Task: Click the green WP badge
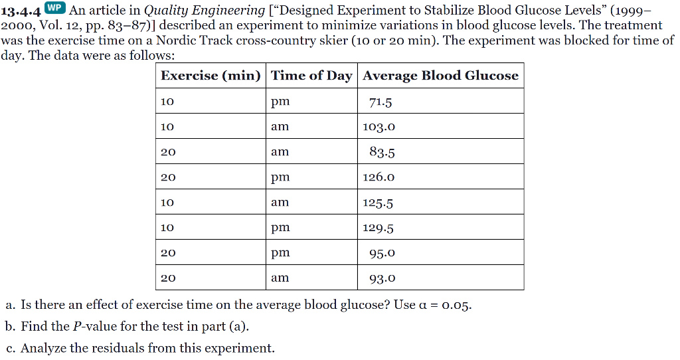point(55,7)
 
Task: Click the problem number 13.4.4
point(21,11)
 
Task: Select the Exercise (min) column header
point(211,76)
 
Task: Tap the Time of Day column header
point(311,76)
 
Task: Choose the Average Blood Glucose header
point(441,76)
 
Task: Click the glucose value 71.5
point(381,102)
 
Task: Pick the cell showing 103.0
point(379,127)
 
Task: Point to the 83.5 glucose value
point(382,152)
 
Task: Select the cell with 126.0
point(379,177)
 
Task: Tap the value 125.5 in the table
point(378,203)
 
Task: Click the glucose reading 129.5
point(378,228)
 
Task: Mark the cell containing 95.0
point(382,253)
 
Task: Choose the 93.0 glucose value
point(382,278)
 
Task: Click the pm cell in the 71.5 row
point(280,102)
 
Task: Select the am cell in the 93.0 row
point(280,278)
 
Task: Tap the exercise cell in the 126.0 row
point(168,177)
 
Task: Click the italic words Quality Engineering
point(205,10)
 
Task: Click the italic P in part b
point(77,326)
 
